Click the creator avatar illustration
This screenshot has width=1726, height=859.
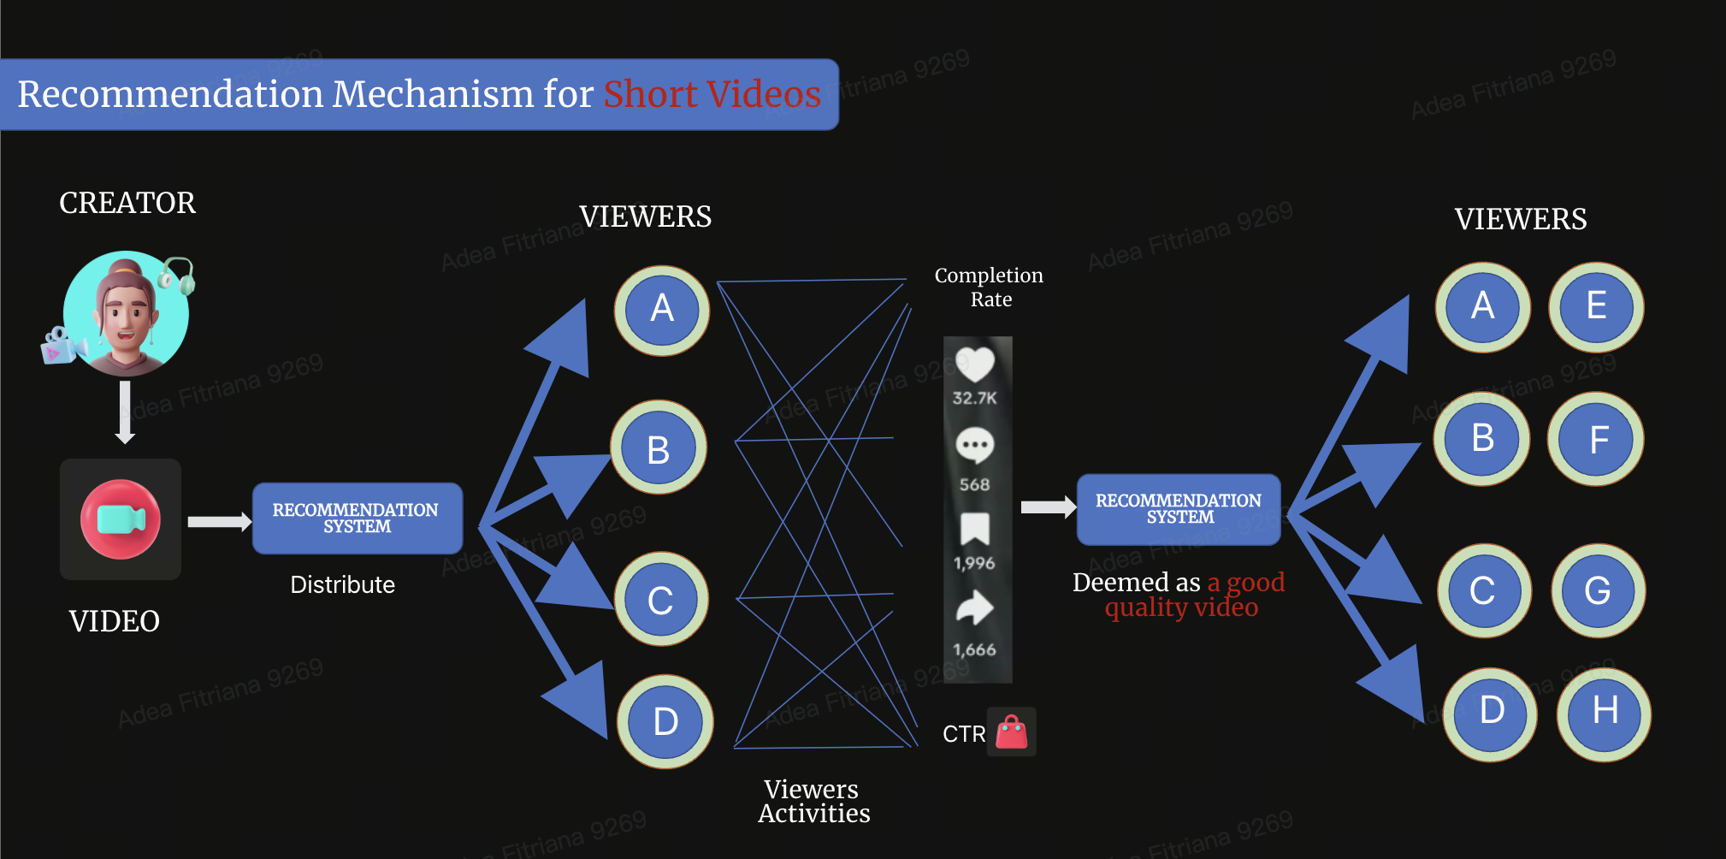126,313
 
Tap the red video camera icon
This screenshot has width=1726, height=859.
121,519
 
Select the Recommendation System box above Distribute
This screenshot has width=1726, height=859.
357,518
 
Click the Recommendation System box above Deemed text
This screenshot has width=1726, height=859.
1179,509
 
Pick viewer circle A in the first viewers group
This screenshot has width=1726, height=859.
661,310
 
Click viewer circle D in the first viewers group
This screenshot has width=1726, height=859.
665,721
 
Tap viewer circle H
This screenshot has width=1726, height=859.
1604,714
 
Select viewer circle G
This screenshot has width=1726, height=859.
1598,590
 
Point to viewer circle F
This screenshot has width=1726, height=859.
1596,440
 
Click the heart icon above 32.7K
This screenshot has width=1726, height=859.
975,364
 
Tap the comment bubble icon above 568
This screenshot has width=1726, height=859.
974,446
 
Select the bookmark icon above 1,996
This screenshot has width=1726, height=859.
975,529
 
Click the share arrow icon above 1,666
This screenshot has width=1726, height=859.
974,609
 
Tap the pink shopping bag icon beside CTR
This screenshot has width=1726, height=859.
1012,732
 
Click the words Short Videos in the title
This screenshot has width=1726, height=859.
712,94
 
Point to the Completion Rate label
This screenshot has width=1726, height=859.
990,287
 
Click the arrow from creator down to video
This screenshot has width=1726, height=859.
125,412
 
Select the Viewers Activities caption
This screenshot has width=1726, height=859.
813,801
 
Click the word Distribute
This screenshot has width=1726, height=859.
342,585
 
